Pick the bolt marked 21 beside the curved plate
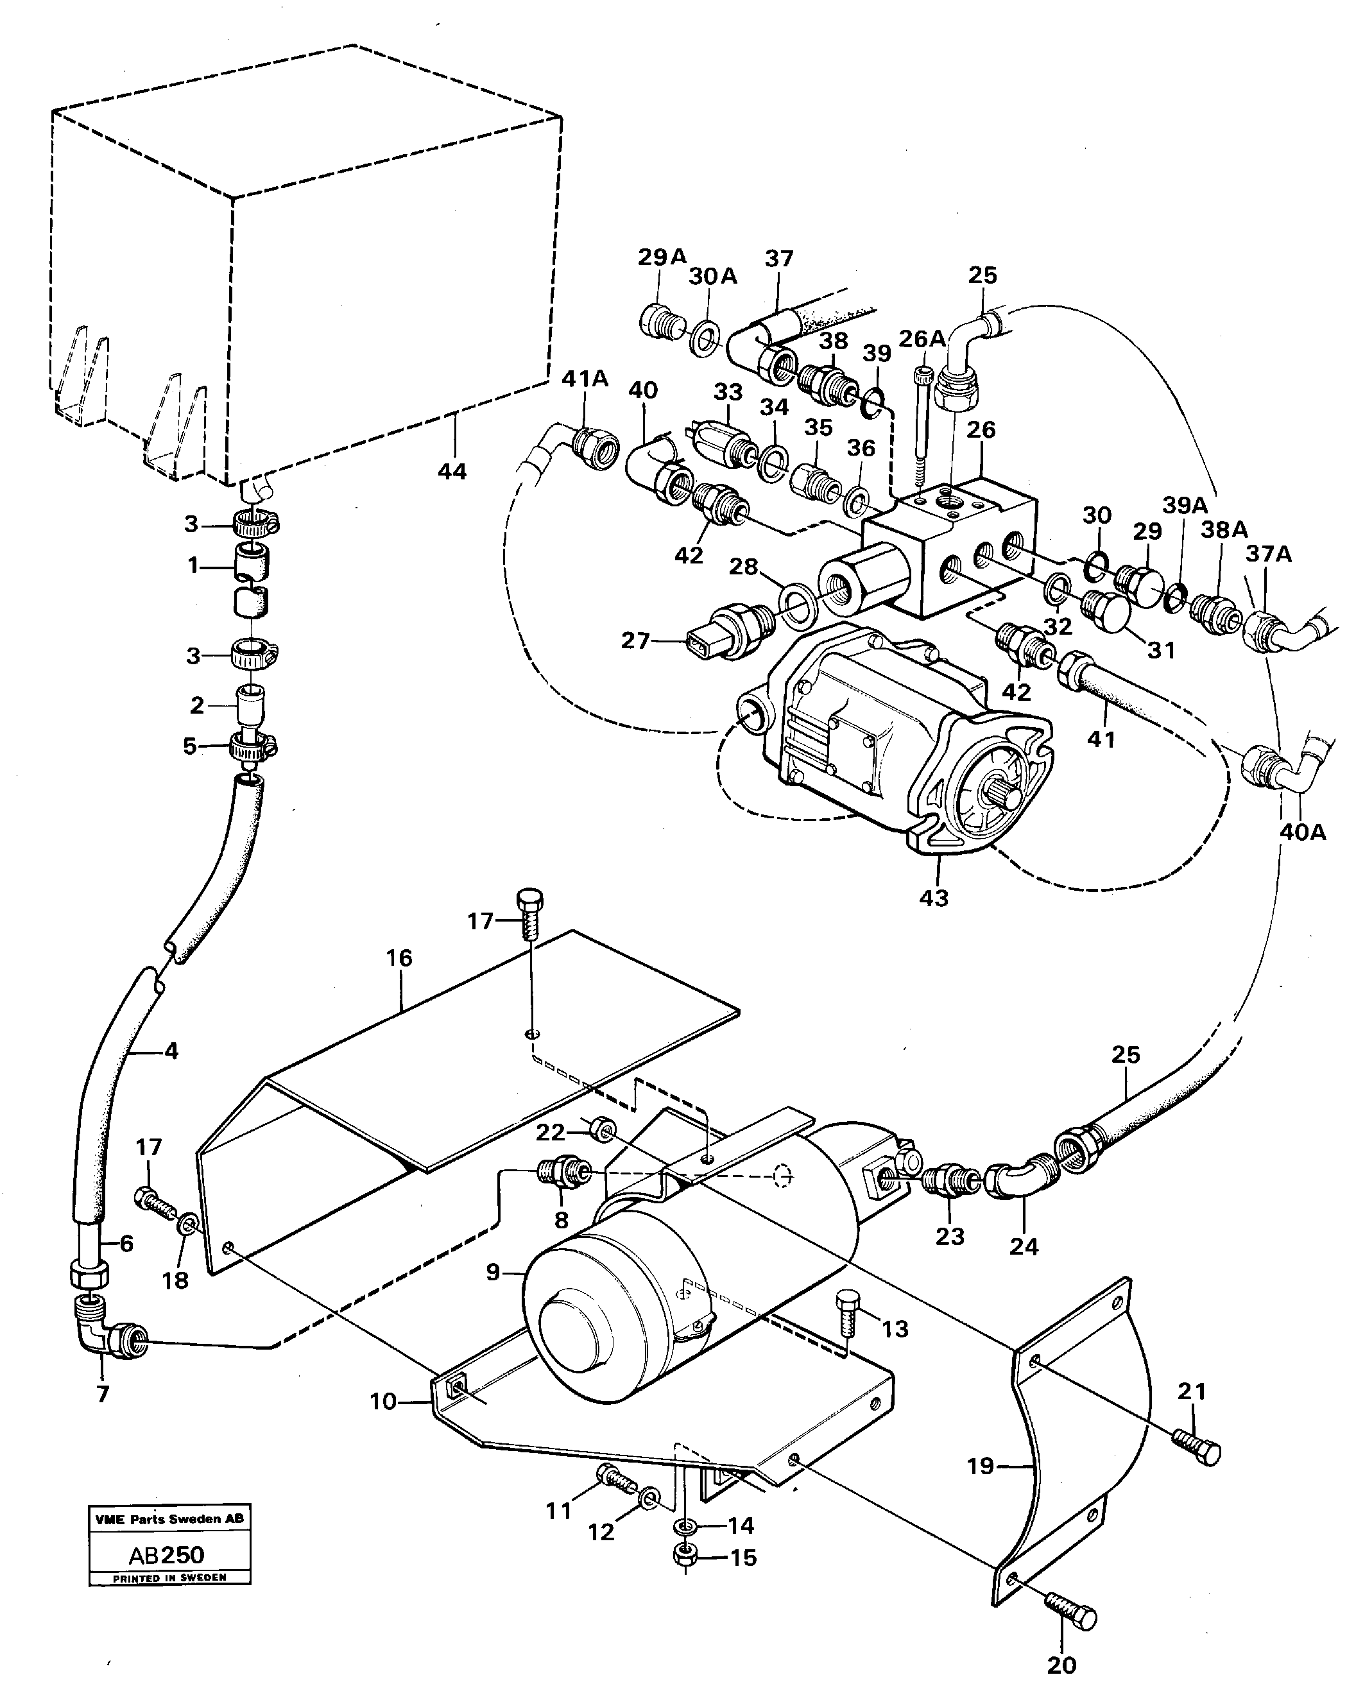point(1197,1447)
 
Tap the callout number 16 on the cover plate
point(399,958)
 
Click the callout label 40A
point(1303,832)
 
